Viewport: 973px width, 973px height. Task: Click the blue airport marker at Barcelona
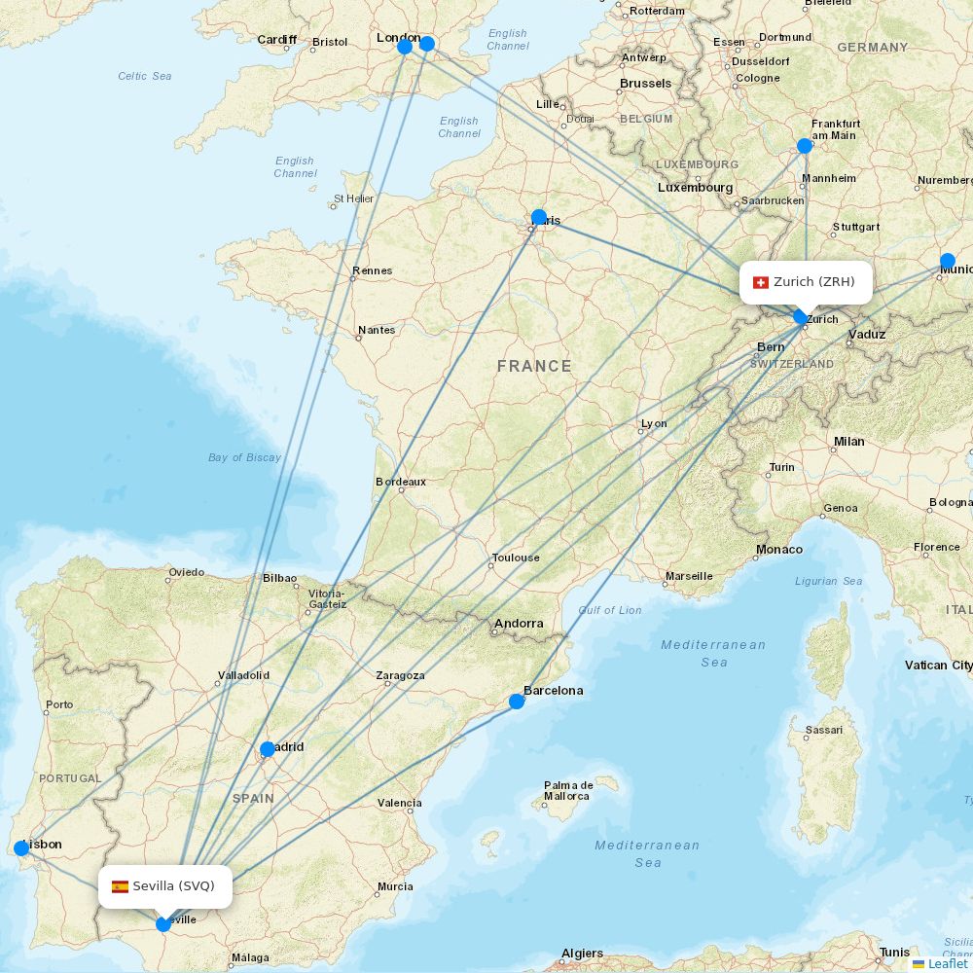(x=517, y=701)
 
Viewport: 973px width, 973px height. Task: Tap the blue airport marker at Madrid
(x=268, y=749)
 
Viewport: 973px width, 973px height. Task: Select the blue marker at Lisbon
(x=21, y=848)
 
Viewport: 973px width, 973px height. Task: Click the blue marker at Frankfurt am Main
(x=805, y=146)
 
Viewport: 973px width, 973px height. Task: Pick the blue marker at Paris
(x=538, y=217)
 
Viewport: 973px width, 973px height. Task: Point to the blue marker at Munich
(x=948, y=261)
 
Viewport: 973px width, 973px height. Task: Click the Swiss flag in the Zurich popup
(x=761, y=282)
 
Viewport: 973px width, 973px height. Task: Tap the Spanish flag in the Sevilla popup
(x=120, y=886)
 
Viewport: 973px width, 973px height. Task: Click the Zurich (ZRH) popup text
(x=814, y=282)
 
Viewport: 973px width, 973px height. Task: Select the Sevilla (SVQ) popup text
(x=173, y=886)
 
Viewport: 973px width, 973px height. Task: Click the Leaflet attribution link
(x=947, y=963)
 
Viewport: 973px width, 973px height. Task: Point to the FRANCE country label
(x=534, y=366)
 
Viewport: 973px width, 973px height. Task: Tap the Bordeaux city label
(x=401, y=482)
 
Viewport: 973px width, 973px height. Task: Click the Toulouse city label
(x=516, y=558)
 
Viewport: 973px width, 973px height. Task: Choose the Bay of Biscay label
(x=244, y=457)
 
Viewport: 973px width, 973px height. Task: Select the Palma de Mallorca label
(x=567, y=790)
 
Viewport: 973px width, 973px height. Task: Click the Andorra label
(x=519, y=624)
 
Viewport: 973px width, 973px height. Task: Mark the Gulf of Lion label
(x=610, y=610)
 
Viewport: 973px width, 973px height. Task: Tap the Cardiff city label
(x=276, y=40)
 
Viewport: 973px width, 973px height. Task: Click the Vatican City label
(x=938, y=666)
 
